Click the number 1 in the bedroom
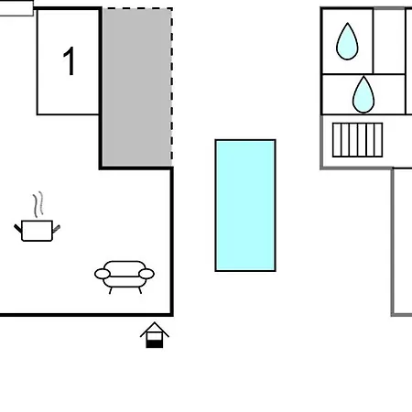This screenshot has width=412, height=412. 70,61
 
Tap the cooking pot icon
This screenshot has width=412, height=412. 37,231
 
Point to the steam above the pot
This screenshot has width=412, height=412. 38,204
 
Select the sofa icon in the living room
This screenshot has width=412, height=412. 125,276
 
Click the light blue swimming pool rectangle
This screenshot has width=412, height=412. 245,205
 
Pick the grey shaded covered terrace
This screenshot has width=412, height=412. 136,87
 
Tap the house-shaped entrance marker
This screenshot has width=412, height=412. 155,335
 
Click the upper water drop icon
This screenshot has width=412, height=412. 347,41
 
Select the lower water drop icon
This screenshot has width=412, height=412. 363,94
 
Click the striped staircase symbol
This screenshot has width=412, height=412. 357,140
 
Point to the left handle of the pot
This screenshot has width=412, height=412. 17,228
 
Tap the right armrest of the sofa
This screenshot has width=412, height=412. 146,274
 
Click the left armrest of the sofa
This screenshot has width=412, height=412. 103,274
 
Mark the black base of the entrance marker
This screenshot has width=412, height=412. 155,344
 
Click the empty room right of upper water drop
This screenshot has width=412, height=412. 389,41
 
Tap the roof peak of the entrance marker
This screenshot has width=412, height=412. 155,322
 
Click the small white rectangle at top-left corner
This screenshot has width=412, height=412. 16,8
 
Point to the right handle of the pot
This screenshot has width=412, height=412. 57,229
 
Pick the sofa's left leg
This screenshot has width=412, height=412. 111,290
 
